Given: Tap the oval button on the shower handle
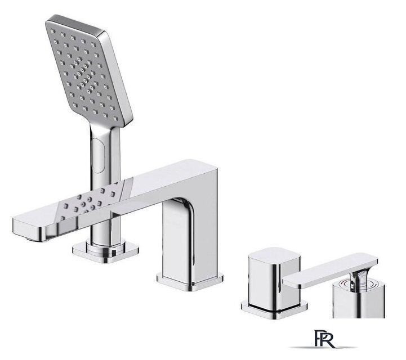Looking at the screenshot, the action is pyautogui.click(x=98, y=155).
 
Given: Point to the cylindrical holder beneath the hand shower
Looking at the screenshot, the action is pyautogui.click(x=105, y=247).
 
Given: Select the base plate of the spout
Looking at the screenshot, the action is pyautogui.click(x=190, y=281).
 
